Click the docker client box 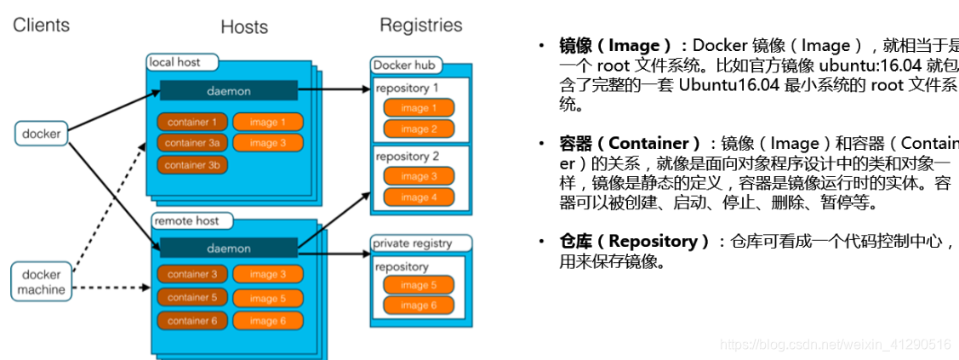pos(41,134)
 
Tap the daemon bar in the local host pos(227,90)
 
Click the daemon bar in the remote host pos(227,248)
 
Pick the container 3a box pos(191,143)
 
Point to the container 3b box pos(191,164)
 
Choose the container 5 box pos(191,298)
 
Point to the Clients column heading pos(42,26)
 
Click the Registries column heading pos(420,26)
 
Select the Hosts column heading pos(244,27)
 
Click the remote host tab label pos(186,220)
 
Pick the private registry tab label pos(414,243)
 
